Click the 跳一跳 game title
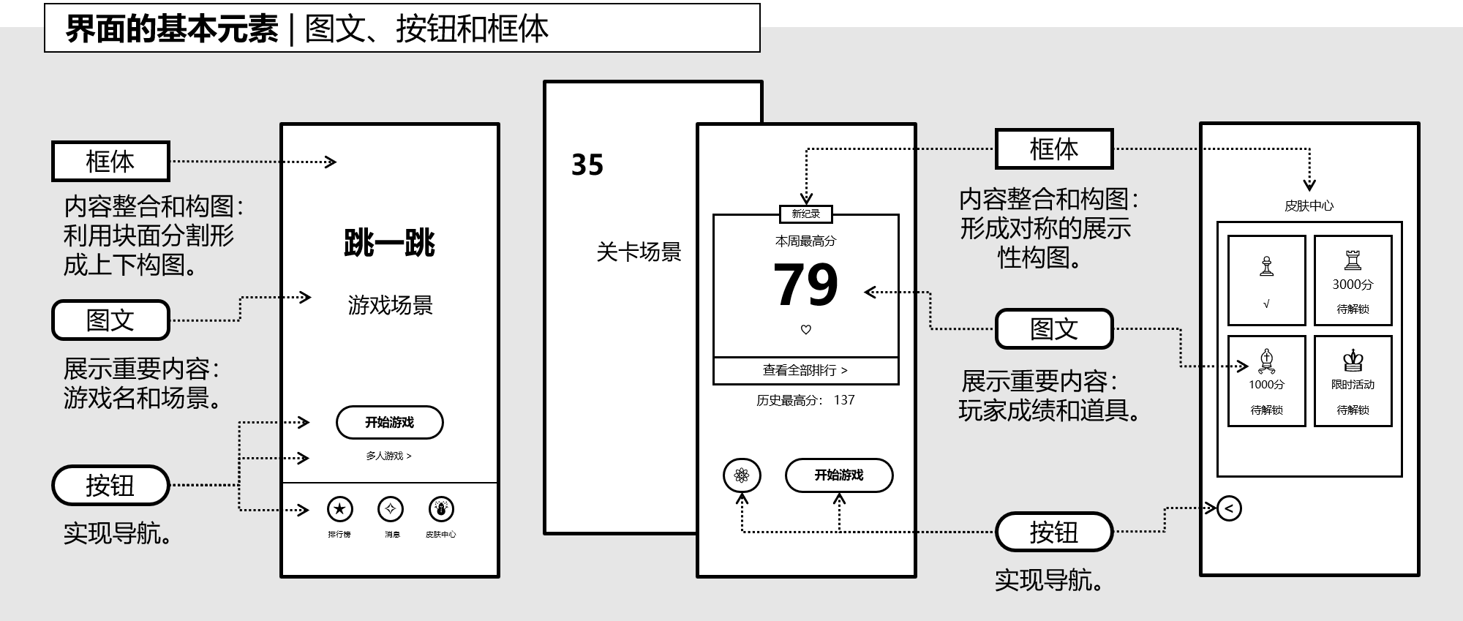tap(389, 244)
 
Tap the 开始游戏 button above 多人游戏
tap(389, 422)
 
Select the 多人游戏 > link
tap(388, 456)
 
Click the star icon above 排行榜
tap(339, 509)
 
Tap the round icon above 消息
tap(391, 509)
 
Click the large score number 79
tap(805, 285)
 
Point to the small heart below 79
tap(806, 330)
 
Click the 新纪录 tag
tap(805, 214)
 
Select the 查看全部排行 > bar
tap(805, 370)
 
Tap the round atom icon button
tap(742, 476)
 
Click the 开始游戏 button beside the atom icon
tap(839, 475)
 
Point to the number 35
tap(587, 165)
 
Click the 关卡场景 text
tap(639, 252)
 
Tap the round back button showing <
tap(1229, 508)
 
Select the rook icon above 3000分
tap(1353, 260)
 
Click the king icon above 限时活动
tap(1353, 360)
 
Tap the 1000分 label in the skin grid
tap(1266, 385)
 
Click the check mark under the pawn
tap(1266, 304)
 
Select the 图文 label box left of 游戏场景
tap(110, 320)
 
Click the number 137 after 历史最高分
tap(844, 400)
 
